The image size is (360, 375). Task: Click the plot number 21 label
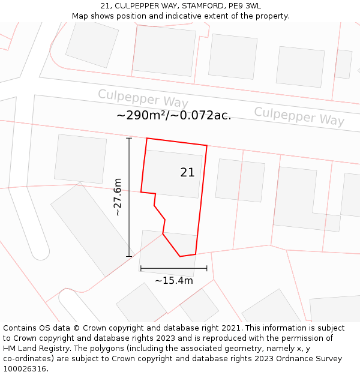pos(187,173)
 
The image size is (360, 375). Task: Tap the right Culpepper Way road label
pos(299,116)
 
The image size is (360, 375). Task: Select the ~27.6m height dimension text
pos(118,197)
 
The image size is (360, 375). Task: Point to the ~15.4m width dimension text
pos(174,280)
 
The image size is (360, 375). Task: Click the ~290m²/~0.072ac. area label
pos(174,115)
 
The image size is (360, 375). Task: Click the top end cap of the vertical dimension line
pos(129,139)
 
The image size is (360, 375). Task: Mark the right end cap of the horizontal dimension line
pos(207,268)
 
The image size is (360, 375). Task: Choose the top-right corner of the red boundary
pos(207,145)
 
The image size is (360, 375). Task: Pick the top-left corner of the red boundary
pos(147,139)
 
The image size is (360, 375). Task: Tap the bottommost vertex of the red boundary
pos(180,257)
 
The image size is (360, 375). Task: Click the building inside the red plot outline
pos(173,174)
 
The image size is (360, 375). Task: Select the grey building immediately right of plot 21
pos(240,180)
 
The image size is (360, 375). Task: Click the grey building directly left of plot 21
pos(80,159)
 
